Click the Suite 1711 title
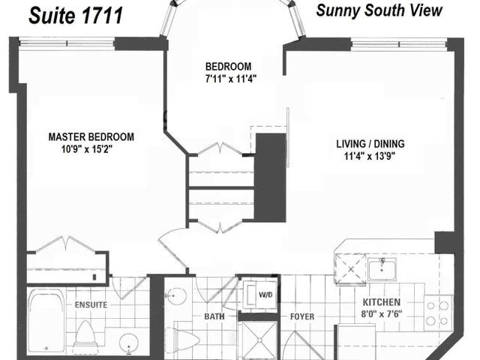coord(76,16)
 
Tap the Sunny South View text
coord(379,10)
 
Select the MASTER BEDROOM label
coord(91,136)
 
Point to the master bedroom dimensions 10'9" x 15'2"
coord(87,149)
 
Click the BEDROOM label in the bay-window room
coord(228,67)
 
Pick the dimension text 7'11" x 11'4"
coord(231,79)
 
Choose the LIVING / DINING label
coord(370,143)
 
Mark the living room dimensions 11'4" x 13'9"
coord(370,157)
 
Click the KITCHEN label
coord(382,302)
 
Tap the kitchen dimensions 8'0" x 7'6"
coord(382,314)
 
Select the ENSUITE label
coord(91,305)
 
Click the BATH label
coord(214,316)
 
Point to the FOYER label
coord(302,316)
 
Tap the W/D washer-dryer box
coord(260,295)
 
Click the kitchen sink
coord(382,269)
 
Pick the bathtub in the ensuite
coord(46,321)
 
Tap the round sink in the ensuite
coord(129,343)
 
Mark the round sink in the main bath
coord(175,296)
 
